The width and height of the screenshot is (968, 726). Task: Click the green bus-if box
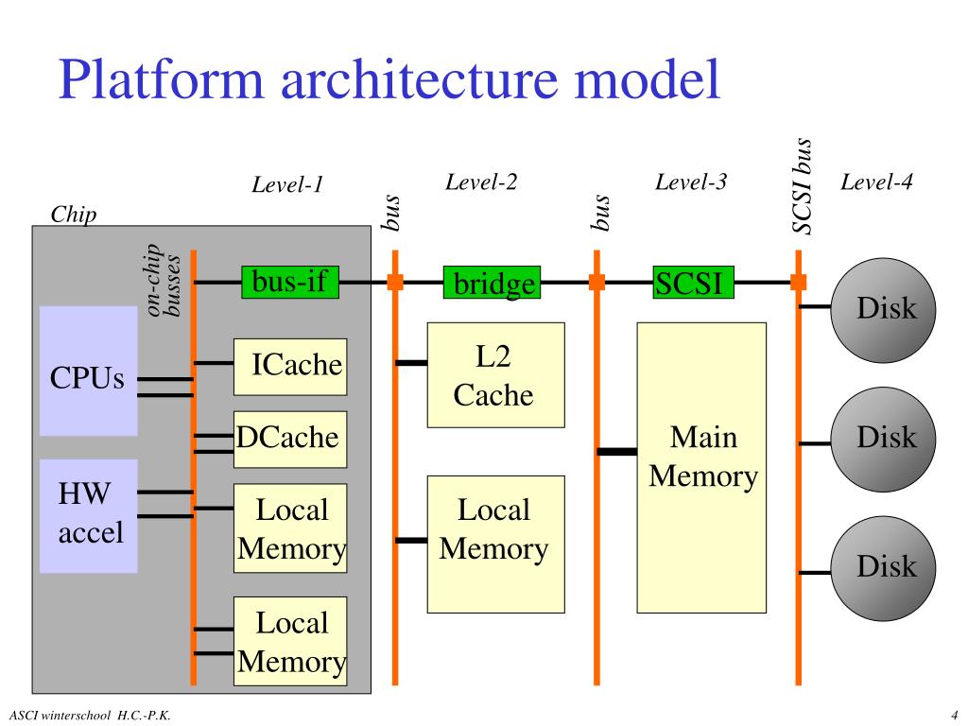pos(290,282)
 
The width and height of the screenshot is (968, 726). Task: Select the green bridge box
pos(492,282)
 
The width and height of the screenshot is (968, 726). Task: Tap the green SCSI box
pos(693,282)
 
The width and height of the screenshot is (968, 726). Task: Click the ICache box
pos(290,367)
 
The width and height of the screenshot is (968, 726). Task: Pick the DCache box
pos(290,439)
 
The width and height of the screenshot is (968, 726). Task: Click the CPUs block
pos(88,371)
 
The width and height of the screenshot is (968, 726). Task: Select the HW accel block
pos(88,516)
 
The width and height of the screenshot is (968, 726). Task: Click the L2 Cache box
pos(495,374)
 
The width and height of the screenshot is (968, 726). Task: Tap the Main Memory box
pos(701,467)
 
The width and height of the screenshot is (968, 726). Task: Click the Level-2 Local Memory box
pos(495,544)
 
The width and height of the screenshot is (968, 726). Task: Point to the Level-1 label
pos(287,184)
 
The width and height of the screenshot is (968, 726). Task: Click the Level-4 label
pos(876,181)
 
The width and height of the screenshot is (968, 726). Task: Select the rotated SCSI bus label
pos(802,186)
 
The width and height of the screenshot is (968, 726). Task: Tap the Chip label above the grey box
pos(74,215)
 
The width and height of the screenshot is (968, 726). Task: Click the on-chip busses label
pos(163,280)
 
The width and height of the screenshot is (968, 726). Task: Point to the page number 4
pos(954,716)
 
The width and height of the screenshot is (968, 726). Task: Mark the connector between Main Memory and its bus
pos(616,452)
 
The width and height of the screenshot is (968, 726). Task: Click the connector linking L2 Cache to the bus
pos(411,363)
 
